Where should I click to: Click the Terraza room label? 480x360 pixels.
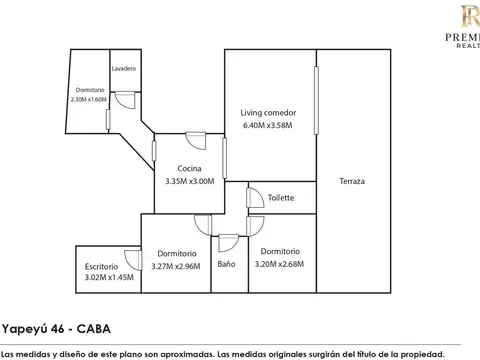coord(351,181)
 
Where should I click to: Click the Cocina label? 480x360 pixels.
coord(190,168)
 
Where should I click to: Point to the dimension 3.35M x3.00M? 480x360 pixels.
coord(190,181)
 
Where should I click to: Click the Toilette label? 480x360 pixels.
coord(281,197)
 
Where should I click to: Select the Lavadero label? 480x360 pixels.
coord(124,68)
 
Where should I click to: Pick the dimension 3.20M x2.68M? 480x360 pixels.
coord(280,264)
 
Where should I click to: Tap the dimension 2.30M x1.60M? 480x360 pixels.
coord(89,100)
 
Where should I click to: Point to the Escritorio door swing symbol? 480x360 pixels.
coord(131,256)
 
